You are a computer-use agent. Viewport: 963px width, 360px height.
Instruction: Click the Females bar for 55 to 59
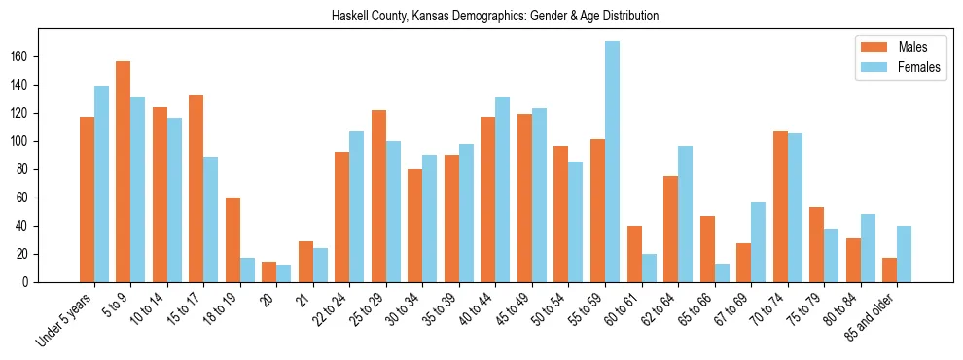pos(612,162)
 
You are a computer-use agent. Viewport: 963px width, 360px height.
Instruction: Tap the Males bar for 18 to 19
pos(232,239)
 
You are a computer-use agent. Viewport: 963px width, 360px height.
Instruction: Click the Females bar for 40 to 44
pos(503,190)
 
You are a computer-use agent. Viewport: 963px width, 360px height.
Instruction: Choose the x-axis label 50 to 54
pos(545,308)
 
